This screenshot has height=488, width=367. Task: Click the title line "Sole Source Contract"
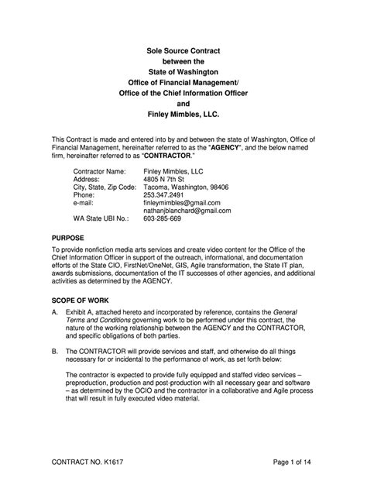(183, 50)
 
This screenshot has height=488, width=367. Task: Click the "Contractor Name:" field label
(99, 170)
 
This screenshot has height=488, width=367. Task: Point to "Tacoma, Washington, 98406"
(187, 187)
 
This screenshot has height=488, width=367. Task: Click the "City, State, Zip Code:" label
(105, 187)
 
